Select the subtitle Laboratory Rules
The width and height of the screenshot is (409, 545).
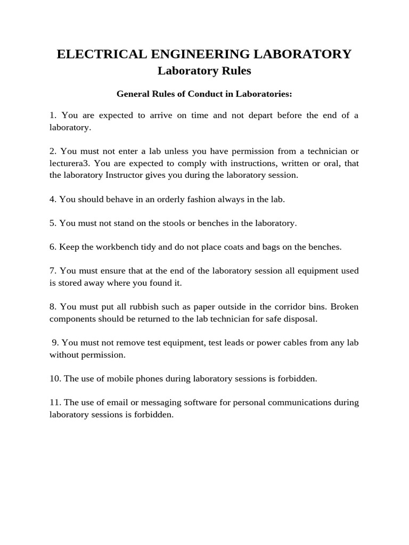click(x=204, y=71)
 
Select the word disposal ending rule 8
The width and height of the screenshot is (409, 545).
click(x=300, y=319)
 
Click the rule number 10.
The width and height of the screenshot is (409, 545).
click(x=55, y=379)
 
